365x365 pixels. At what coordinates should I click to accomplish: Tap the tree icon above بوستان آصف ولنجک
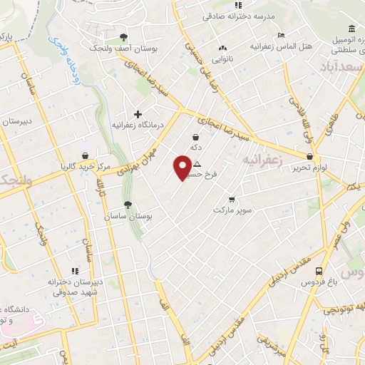click(x=124, y=37)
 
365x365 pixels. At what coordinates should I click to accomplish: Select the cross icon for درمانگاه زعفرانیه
click(x=138, y=114)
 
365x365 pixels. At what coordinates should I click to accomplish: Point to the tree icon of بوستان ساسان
click(x=128, y=205)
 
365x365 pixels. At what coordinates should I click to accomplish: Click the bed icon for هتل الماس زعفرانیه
click(x=281, y=35)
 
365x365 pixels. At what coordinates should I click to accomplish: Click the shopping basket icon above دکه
click(x=195, y=137)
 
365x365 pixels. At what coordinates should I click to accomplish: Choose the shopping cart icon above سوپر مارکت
click(x=232, y=200)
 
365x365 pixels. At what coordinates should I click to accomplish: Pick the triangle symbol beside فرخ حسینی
click(x=197, y=164)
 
